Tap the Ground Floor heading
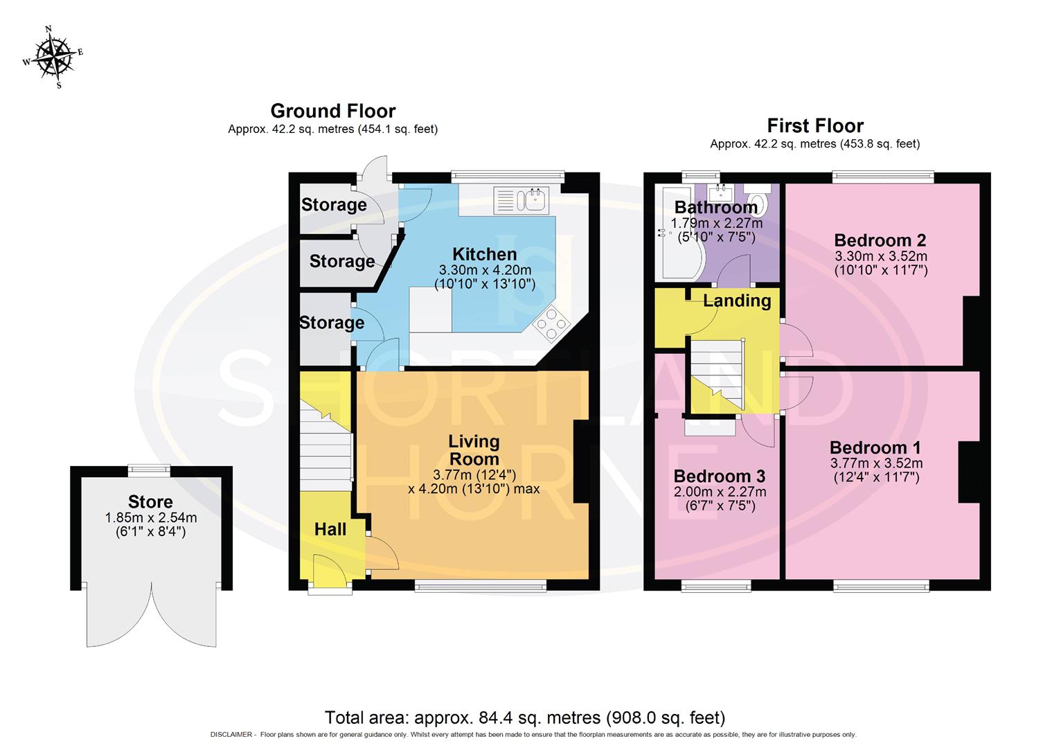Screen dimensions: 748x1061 (332, 111)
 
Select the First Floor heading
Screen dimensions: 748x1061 (814, 126)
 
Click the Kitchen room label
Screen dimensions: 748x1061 (484, 254)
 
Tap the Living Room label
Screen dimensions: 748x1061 (474, 450)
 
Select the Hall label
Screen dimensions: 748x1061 (330, 529)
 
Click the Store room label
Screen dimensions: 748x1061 (150, 502)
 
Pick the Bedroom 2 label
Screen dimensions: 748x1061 (880, 240)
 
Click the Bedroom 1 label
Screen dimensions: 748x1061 (875, 447)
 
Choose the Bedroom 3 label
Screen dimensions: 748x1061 (719, 477)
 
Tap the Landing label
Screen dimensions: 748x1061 (737, 301)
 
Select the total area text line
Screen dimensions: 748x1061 (525, 717)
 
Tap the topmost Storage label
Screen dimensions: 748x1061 (334, 205)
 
